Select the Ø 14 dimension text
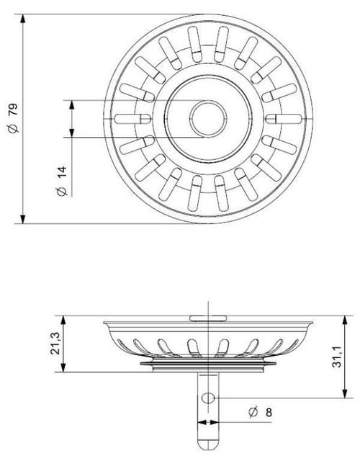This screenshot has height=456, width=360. (x=62, y=180)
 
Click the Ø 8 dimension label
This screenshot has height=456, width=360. (x=258, y=412)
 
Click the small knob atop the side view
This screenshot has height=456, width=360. (x=206, y=316)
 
